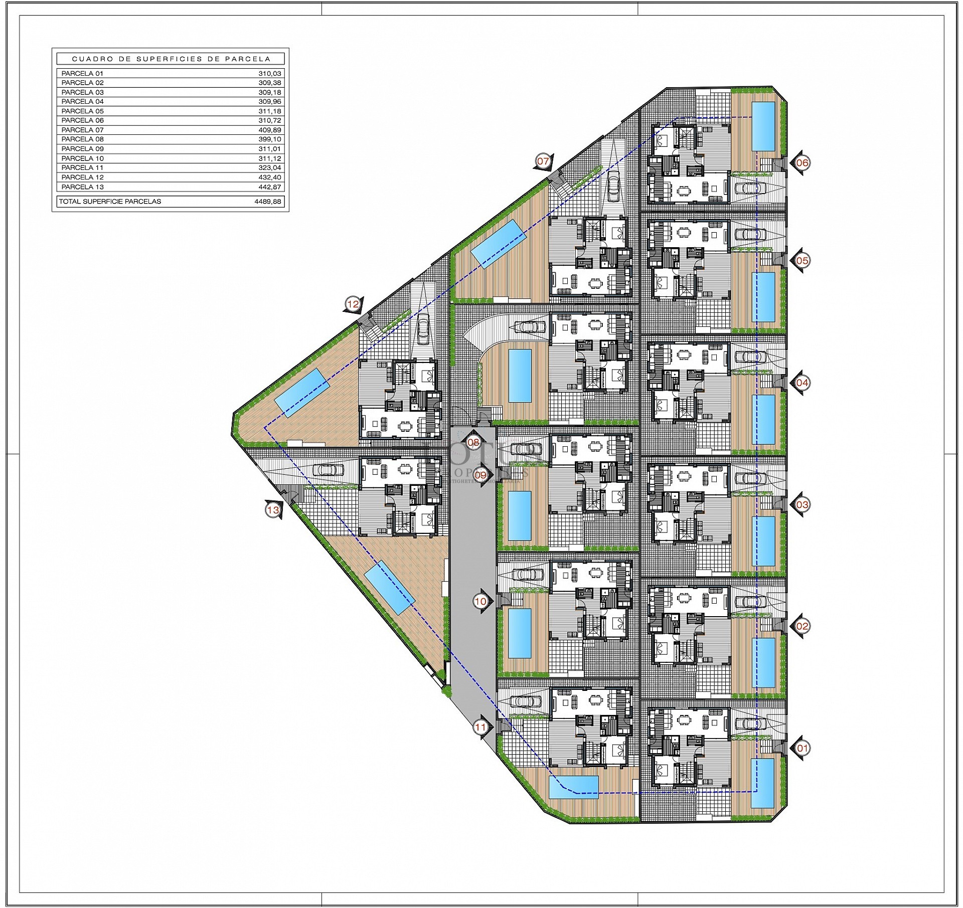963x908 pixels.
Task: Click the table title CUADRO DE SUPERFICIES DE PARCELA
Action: click(171, 59)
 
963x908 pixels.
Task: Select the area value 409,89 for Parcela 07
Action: click(270, 130)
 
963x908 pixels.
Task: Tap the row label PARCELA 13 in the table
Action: click(82, 187)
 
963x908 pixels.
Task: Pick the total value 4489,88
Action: click(268, 202)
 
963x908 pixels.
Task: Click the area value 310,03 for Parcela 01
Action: click(270, 73)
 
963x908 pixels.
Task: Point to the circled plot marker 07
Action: click(543, 161)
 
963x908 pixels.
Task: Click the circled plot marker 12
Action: click(353, 304)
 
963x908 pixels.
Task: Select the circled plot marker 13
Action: click(272, 510)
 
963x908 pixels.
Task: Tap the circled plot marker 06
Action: click(802, 162)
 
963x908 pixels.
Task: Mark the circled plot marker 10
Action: click(480, 602)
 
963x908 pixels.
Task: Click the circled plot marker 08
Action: click(473, 442)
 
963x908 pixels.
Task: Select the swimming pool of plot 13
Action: click(390, 588)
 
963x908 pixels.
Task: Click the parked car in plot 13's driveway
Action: click(329, 470)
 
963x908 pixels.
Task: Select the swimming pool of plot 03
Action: click(763, 540)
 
